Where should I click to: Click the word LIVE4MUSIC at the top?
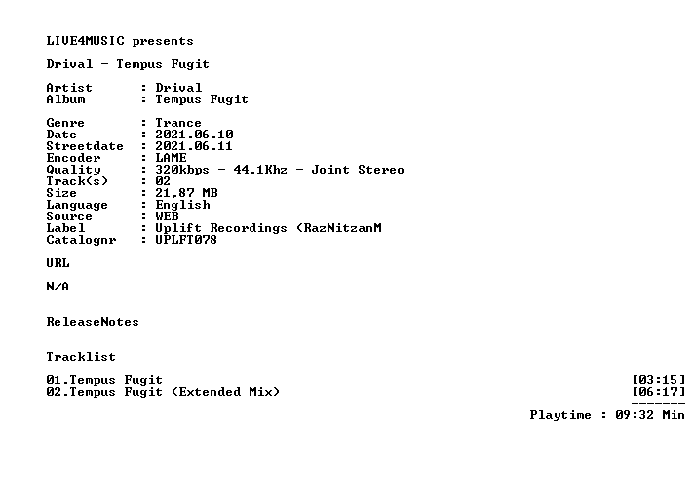(x=86, y=41)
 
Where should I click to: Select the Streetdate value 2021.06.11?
(x=194, y=146)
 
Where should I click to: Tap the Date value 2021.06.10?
(x=194, y=135)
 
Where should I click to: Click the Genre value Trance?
(x=178, y=123)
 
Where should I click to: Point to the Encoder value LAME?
(x=171, y=158)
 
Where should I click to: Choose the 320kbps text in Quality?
(x=182, y=170)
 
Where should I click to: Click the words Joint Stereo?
(x=358, y=170)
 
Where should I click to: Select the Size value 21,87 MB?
(x=186, y=193)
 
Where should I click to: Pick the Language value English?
(x=183, y=205)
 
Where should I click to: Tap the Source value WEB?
(x=167, y=216)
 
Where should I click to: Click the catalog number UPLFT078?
(x=186, y=240)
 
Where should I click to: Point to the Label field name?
(x=65, y=228)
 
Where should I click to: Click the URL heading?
(x=58, y=263)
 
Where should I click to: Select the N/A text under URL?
(x=58, y=287)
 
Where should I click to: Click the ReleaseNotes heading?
(x=93, y=322)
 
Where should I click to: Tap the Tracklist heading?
(x=81, y=357)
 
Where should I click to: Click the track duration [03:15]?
(x=659, y=380)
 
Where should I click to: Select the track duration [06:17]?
(x=659, y=392)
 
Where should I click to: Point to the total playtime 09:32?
(x=635, y=415)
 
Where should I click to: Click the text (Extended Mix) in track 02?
(x=226, y=392)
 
